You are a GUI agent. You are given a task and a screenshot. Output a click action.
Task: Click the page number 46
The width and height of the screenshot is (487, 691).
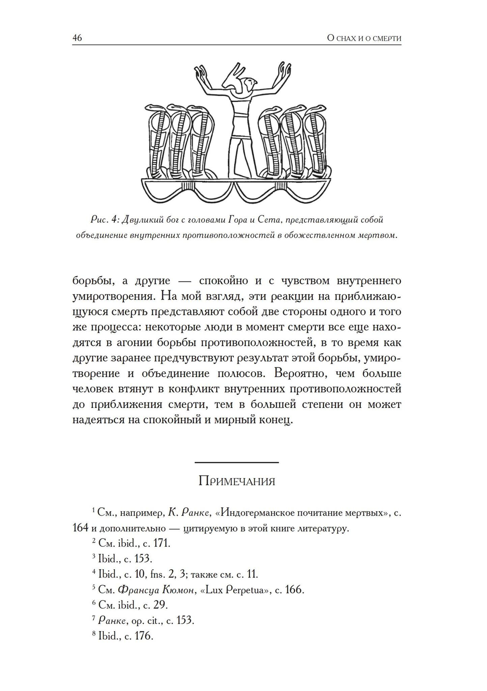coord(77,38)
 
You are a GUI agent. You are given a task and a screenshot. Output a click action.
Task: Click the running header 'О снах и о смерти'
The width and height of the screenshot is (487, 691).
coord(364,38)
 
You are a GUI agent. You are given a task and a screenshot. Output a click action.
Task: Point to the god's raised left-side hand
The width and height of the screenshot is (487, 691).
coord(200,74)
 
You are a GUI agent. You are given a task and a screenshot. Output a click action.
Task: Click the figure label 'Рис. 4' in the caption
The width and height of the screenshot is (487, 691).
coord(102,220)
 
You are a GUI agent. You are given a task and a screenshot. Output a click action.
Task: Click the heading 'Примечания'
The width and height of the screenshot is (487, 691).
coord(237,481)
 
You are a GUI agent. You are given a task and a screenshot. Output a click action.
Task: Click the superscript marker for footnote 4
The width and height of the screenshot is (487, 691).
coord(94,572)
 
